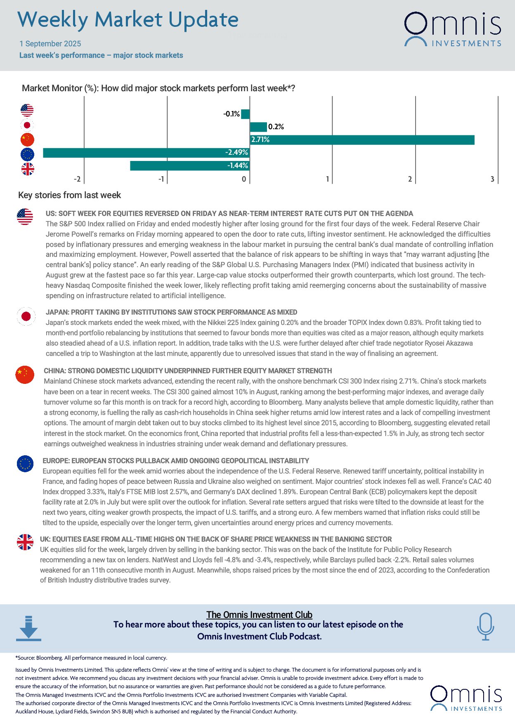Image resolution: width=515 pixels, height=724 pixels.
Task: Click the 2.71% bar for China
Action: (x=362, y=140)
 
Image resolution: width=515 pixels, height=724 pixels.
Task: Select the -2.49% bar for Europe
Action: (x=146, y=153)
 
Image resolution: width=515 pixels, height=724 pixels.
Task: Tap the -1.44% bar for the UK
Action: (x=190, y=166)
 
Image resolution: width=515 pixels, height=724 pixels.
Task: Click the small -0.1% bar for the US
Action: (x=245, y=114)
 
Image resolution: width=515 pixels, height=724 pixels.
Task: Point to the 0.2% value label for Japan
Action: (x=276, y=127)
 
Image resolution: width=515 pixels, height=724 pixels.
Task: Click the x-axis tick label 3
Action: (x=492, y=179)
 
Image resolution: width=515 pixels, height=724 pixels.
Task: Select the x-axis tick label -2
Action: (x=77, y=179)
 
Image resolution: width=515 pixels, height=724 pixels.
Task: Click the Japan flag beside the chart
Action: (x=27, y=125)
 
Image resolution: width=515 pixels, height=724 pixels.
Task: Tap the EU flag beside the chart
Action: (x=27, y=154)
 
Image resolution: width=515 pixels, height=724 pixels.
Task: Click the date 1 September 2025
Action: (x=50, y=44)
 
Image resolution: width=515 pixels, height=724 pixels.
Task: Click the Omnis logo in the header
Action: (x=452, y=29)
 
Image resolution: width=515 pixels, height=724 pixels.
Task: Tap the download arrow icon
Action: (x=28, y=628)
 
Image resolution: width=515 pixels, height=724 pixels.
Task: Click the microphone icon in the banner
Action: (x=485, y=626)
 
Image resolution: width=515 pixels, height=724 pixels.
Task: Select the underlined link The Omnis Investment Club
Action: (x=259, y=615)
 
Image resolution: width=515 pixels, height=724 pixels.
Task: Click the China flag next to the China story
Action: (x=25, y=375)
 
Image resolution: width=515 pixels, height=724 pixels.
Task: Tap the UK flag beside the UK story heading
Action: (x=25, y=542)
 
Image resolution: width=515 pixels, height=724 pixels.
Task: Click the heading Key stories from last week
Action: (x=69, y=195)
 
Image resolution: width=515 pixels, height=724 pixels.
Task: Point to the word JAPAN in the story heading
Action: (x=57, y=312)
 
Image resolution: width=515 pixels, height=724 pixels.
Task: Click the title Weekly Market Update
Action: (x=128, y=20)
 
